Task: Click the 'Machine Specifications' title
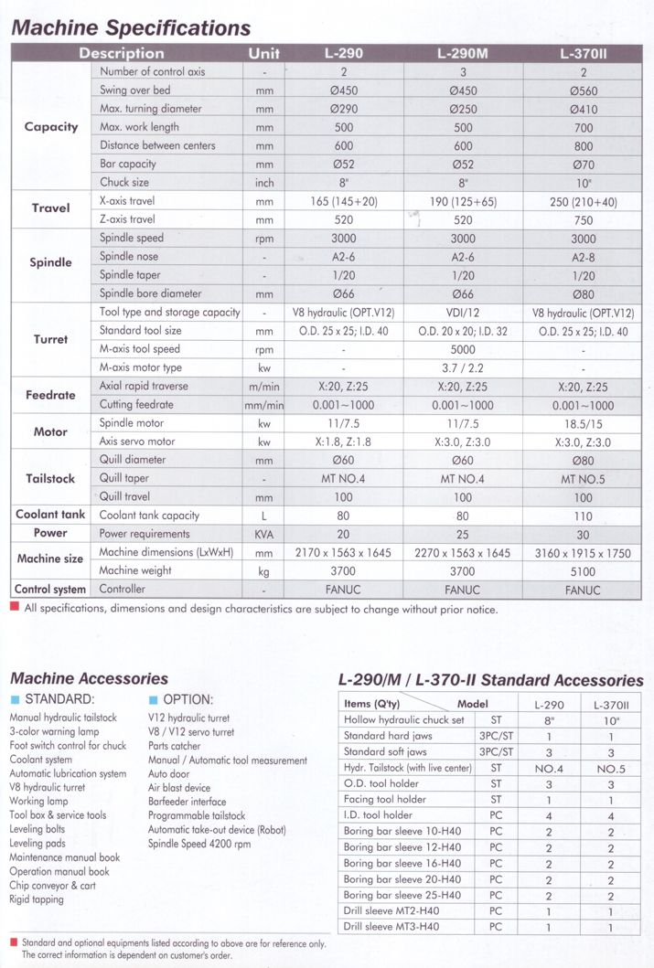(130, 28)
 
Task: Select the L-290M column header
(463, 54)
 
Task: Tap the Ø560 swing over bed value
(582, 90)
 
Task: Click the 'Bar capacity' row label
(128, 164)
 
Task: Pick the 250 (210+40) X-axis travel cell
(582, 201)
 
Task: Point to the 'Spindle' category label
(50, 262)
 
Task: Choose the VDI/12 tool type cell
(463, 313)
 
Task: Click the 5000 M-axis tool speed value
(463, 349)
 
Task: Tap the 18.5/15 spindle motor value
(582, 424)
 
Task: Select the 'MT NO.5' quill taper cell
(582, 479)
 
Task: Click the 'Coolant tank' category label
(50, 515)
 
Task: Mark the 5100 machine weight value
(582, 571)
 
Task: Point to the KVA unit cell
(265, 534)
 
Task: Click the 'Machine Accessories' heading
(89, 678)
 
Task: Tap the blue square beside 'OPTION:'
(153, 700)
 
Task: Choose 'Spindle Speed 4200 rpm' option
(199, 844)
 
